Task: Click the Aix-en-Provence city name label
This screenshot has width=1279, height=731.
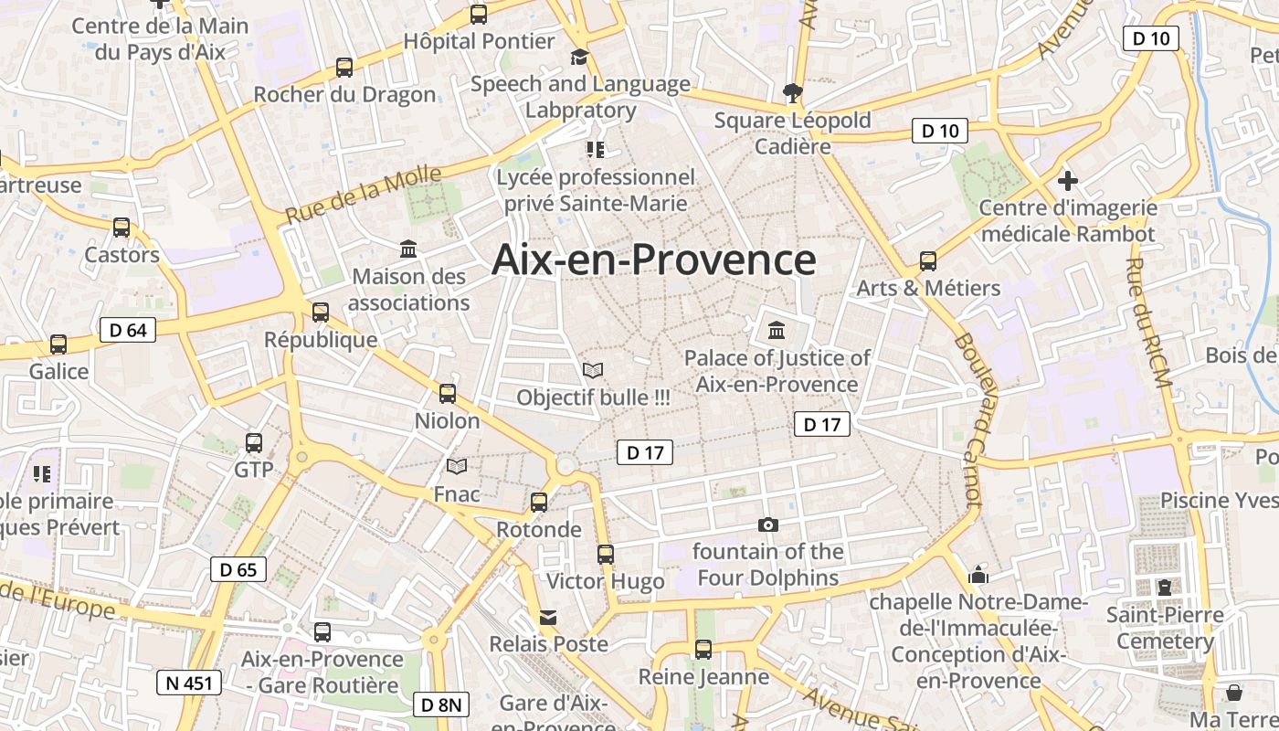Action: point(653,260)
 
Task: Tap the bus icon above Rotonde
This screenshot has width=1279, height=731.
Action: point(539,502)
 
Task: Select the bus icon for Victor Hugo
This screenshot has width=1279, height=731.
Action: point(605,554)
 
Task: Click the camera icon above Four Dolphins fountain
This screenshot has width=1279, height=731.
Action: point(768,524)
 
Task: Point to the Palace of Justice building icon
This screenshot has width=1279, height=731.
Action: point(777,330)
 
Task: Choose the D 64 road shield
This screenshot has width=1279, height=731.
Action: point(127,330)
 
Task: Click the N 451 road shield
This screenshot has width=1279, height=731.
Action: point(190,683)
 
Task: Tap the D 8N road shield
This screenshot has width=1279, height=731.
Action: point(443,705)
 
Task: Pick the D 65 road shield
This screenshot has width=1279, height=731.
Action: point(238,569)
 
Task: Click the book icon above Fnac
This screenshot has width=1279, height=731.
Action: point(457,467)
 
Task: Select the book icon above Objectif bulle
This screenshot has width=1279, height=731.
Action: point(593,370)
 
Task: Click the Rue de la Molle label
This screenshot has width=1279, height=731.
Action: point(363,196)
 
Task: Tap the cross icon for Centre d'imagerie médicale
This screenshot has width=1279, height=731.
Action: point(1067,180)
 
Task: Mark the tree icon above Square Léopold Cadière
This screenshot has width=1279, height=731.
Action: point(792,92)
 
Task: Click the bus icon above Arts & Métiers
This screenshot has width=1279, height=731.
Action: point(928,261)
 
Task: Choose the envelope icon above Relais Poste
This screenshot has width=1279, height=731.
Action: point(548,618)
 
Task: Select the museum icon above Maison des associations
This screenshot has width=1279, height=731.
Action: point(408,249)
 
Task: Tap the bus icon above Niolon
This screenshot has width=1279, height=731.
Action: point(448,394)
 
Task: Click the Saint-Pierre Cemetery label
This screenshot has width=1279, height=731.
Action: point(1165,628)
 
